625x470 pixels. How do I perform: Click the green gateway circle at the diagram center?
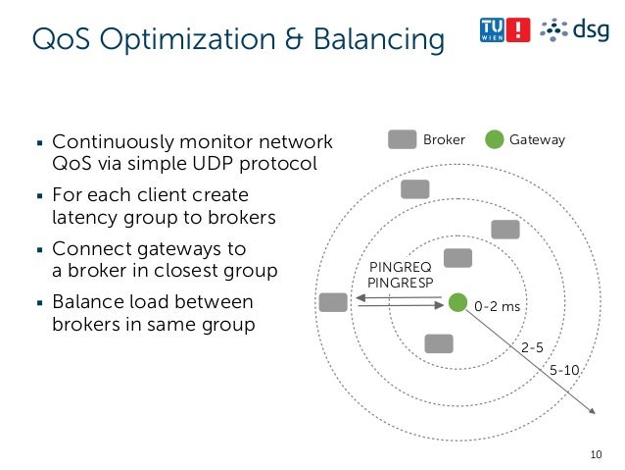pyautogui.click(x=457, y=302)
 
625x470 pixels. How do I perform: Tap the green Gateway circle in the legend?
pyautogui.click(x=495, y=140)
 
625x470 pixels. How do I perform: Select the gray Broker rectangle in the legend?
pyautogui.click(x=402, y=140)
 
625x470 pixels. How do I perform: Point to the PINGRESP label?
pyautogui.click(x=392, y=283)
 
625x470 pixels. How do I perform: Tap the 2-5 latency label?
pyautogui.click(x=532, y=347)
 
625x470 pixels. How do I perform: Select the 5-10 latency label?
pyautogui.click(x=564, y=370)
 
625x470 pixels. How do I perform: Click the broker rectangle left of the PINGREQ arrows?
pyautogui.click(x=333, y=302)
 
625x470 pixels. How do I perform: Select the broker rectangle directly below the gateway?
pyautogui.click(x=439, y=343)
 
